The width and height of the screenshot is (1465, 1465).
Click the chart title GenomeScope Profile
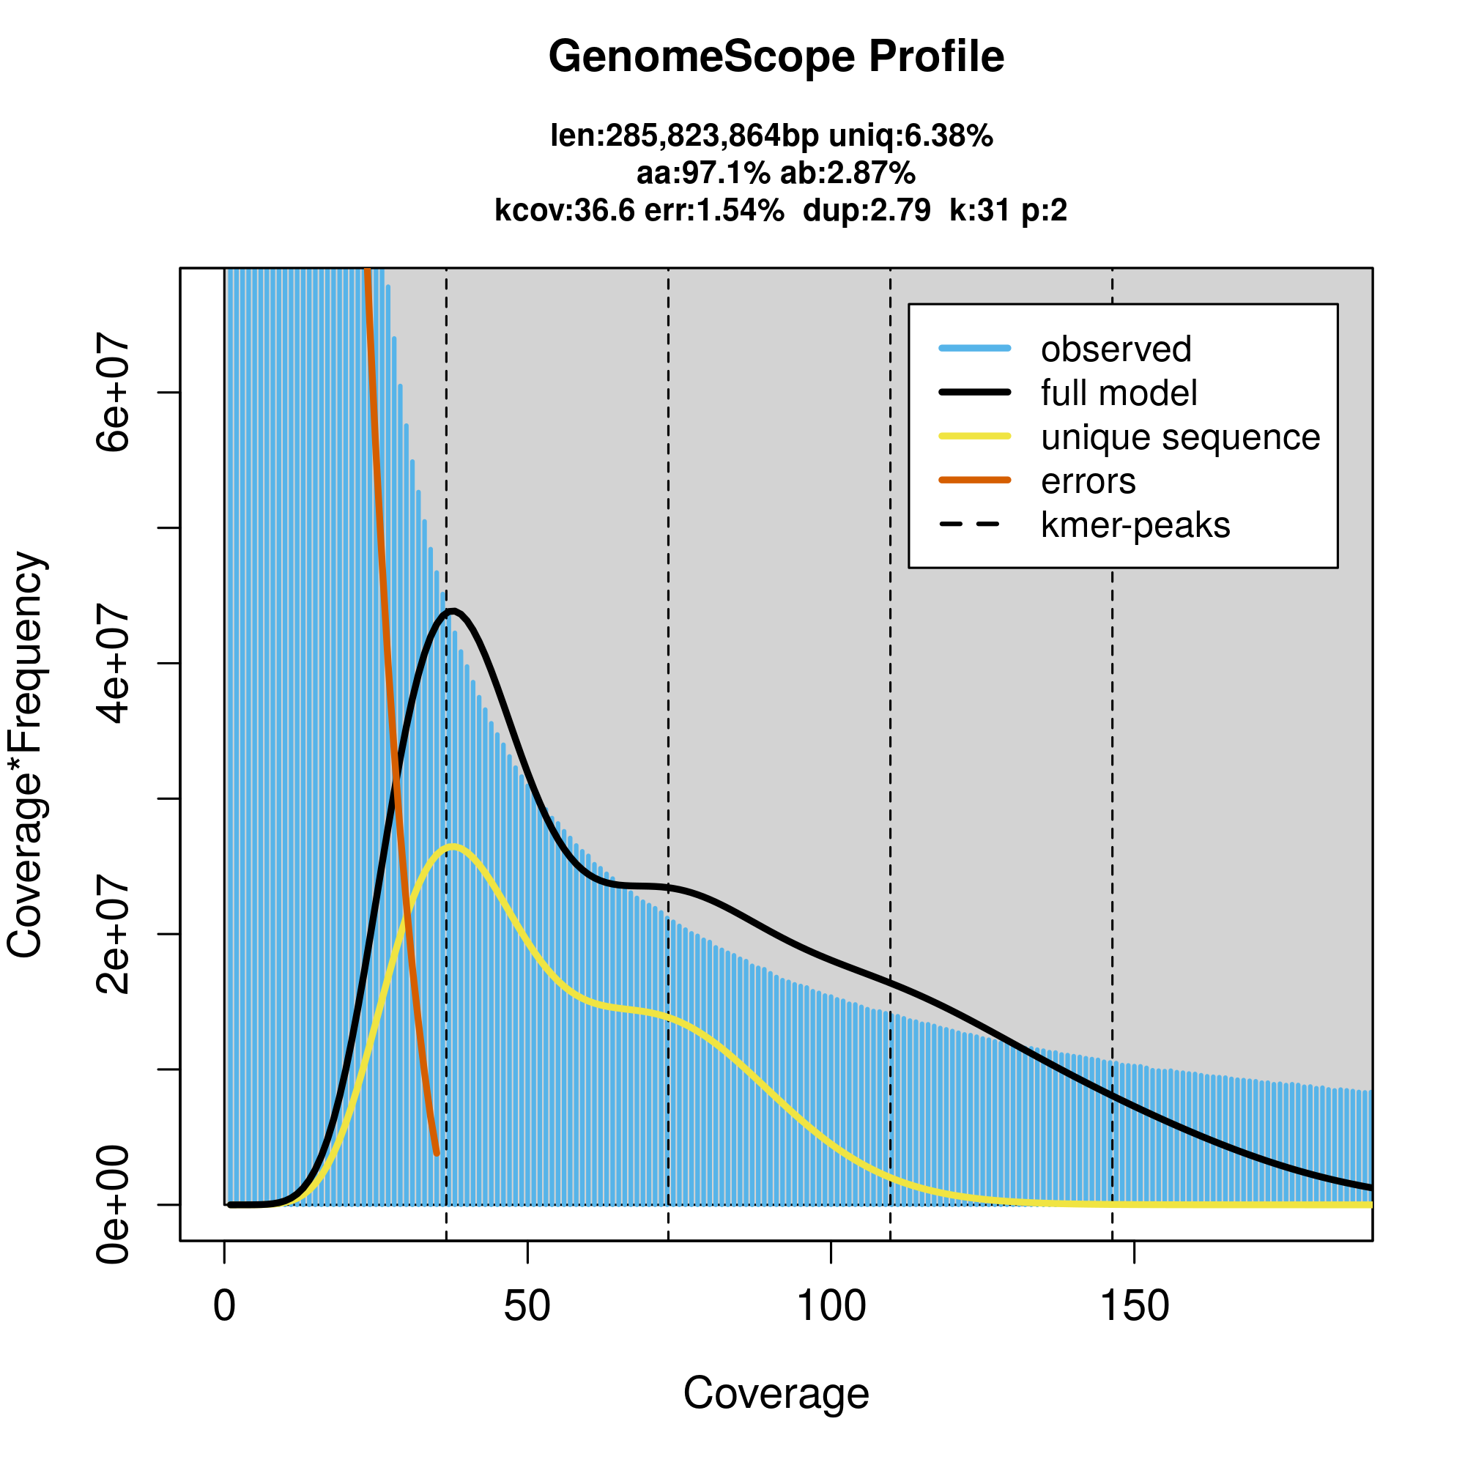(x=776, y=57)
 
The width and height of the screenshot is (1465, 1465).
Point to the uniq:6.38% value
(x=910, y=136)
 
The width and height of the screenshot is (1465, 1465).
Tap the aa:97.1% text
(x=703, y=174)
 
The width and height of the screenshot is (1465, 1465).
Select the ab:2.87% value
(x=848, y=174)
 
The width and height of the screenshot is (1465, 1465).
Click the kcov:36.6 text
(x=564, y=210)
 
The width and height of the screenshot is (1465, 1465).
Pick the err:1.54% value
(x=713, y=210)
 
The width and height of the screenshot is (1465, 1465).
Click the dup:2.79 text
(x=866, y=210)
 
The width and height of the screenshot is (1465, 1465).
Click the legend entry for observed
(x=1116, y=349)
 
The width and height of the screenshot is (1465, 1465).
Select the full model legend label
(x=1119, y=393)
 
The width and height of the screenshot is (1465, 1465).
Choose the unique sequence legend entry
(x=1180, y=437)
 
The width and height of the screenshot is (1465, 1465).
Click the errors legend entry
(x=1088, y=481)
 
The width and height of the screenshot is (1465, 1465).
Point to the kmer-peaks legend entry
(x=1135, y=525)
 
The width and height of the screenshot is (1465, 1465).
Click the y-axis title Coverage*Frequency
(x=26, y=754)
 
